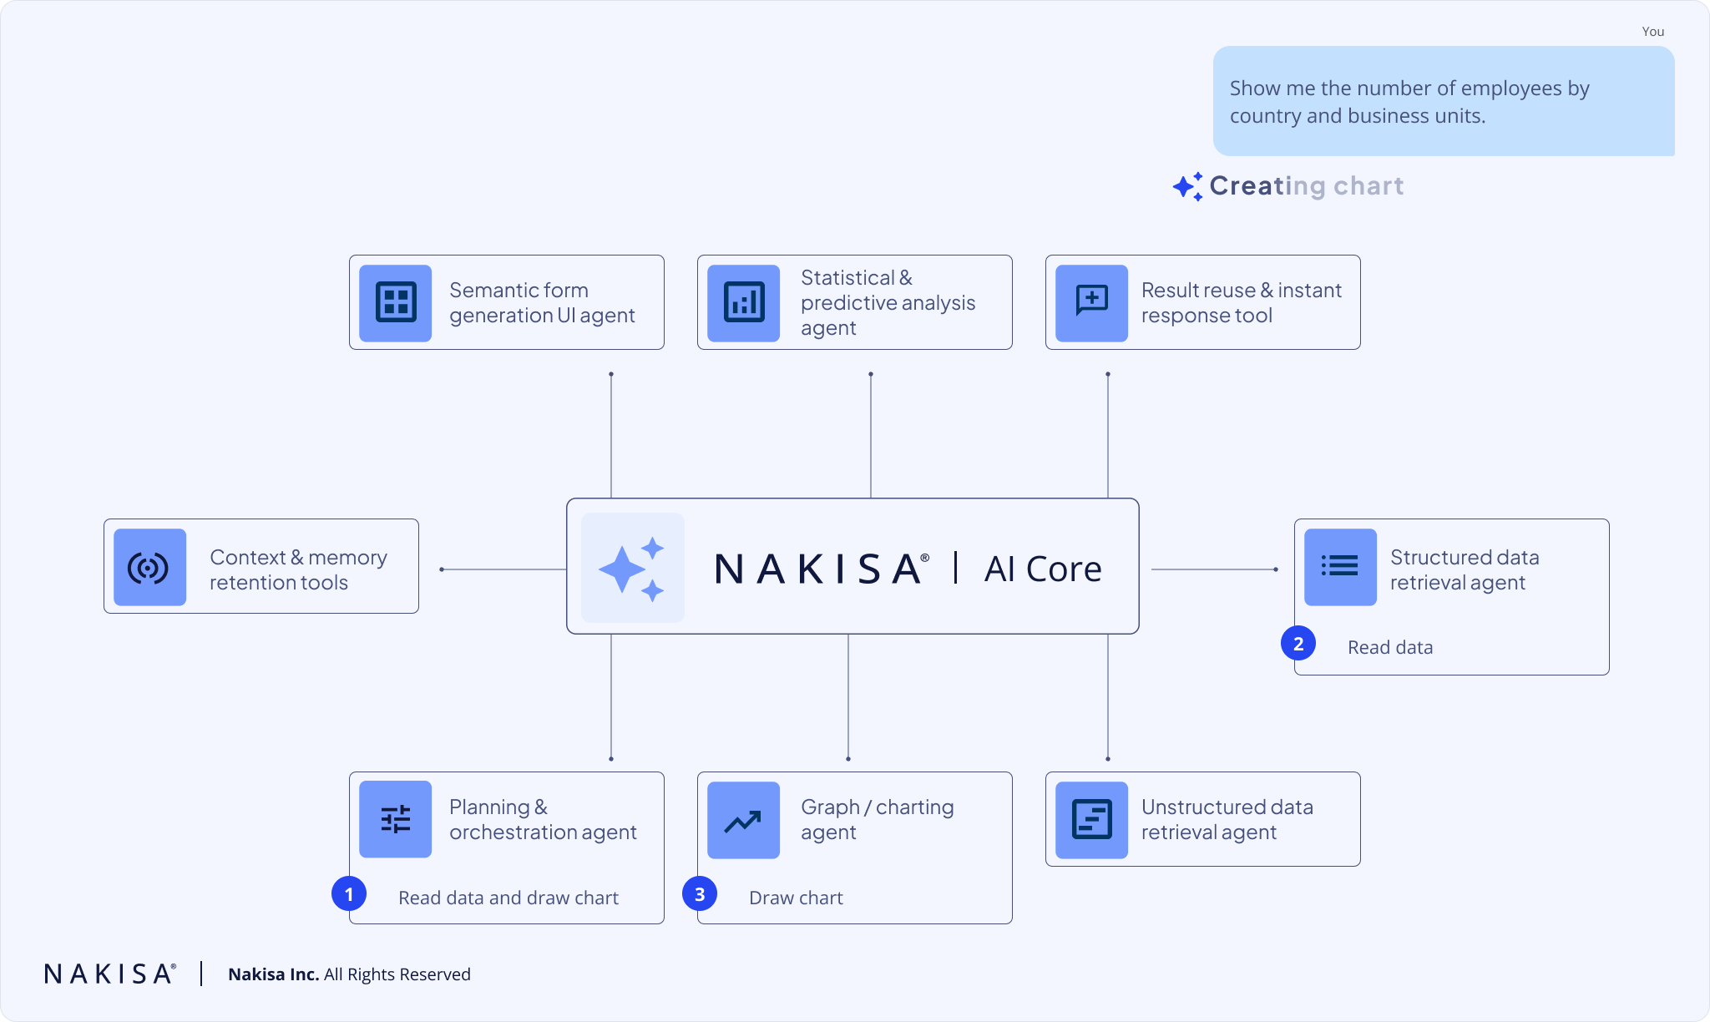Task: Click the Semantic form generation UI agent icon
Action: pos(395,302)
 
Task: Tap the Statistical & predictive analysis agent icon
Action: pos(743,302)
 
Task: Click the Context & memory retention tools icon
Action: pos(149,567)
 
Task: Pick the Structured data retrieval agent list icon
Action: pos(1340,567)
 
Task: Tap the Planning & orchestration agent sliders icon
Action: pos(395,819)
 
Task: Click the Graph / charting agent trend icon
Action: pos(743,820)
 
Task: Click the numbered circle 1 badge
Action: pos(349,894)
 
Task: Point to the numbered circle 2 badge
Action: pos(1298,644)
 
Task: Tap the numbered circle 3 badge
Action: pos(700,894)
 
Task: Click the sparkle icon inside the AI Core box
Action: pos(632,568)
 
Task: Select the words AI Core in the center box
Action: pos(1043,569)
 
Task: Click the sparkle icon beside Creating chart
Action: pos(1187,186)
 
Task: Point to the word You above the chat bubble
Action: pos(1652,32)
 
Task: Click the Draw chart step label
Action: pos(796,898)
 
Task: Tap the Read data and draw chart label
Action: pos(508,898)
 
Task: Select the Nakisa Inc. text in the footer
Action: pos(273,974)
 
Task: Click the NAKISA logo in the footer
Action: pos(109,974)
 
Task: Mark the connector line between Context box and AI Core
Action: pos(503,569)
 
